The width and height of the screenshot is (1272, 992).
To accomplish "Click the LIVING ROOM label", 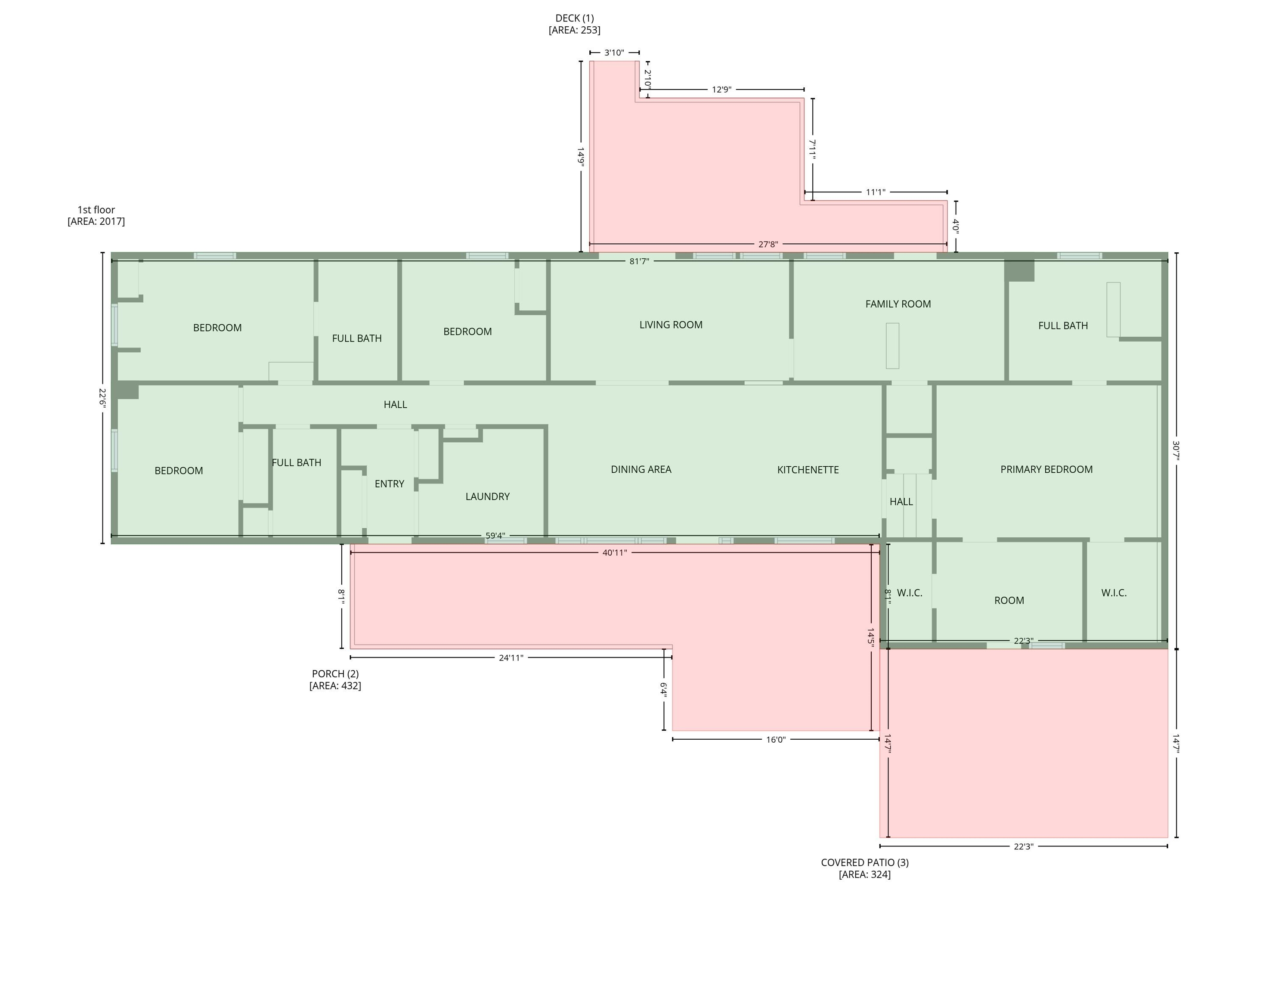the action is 671,325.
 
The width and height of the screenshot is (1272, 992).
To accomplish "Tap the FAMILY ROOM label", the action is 898,304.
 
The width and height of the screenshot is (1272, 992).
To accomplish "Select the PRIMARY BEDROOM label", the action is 1046,469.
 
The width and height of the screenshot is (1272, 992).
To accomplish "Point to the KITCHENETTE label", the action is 808,470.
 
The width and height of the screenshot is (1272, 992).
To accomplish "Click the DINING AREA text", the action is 641,469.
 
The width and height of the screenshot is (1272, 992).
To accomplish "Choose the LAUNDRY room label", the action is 487,497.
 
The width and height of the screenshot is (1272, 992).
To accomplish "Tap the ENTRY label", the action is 389,484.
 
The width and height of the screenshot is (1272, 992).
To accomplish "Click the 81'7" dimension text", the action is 639,261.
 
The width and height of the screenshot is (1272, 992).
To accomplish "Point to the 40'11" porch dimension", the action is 614,553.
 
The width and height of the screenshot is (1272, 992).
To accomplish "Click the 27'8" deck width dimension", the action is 768,245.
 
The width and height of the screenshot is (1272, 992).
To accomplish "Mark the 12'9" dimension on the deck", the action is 721,90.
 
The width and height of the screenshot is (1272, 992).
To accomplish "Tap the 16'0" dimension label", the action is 775,740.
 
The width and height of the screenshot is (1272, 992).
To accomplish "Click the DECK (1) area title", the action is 574,19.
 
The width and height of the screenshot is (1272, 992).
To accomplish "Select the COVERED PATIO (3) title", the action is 864,863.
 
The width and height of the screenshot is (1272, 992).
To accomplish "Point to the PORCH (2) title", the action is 335,674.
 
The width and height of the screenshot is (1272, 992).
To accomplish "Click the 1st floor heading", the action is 96,210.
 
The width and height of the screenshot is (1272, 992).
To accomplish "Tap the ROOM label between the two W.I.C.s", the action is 1009,601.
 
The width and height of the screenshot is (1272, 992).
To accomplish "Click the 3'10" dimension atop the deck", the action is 614,53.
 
